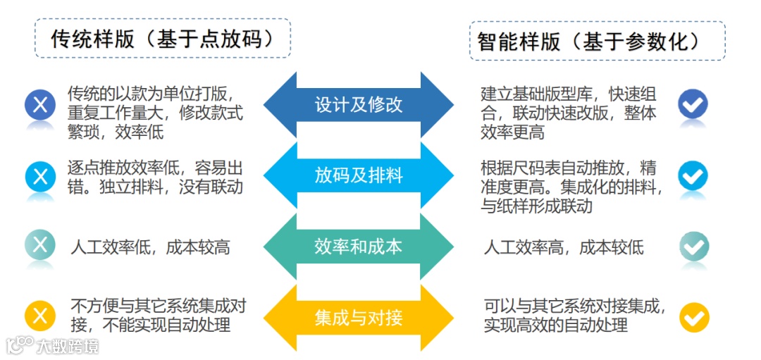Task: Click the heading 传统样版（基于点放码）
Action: (x=162, y=38)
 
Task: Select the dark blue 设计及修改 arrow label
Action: (x=359, y=105)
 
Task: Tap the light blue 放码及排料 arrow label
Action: (x=359, y=175)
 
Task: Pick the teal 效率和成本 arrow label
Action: (x=359, y=246)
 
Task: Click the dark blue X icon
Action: (x=40, y=106)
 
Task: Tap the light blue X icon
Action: (x=40, y=176)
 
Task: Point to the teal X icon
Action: (x=40, y=245)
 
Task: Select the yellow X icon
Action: (x=40, y=315)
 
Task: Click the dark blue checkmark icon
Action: (x=693, y=104)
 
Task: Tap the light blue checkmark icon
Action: (x=693, y=175)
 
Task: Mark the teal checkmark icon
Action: (x=693, y=247)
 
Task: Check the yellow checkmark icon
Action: (x=693, y=317)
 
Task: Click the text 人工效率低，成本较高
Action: (x=150, y=247)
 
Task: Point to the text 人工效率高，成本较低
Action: (x=564, y=247)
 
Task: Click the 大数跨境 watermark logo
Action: (x=53, y=345)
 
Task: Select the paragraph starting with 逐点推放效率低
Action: (x=155, y=177)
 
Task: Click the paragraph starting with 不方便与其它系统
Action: (x=158, y=315)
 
